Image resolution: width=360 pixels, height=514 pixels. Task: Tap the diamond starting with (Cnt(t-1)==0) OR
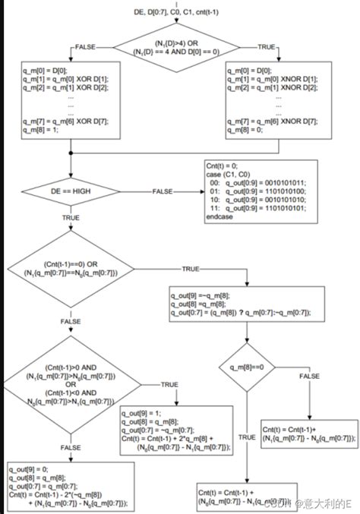71,269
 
